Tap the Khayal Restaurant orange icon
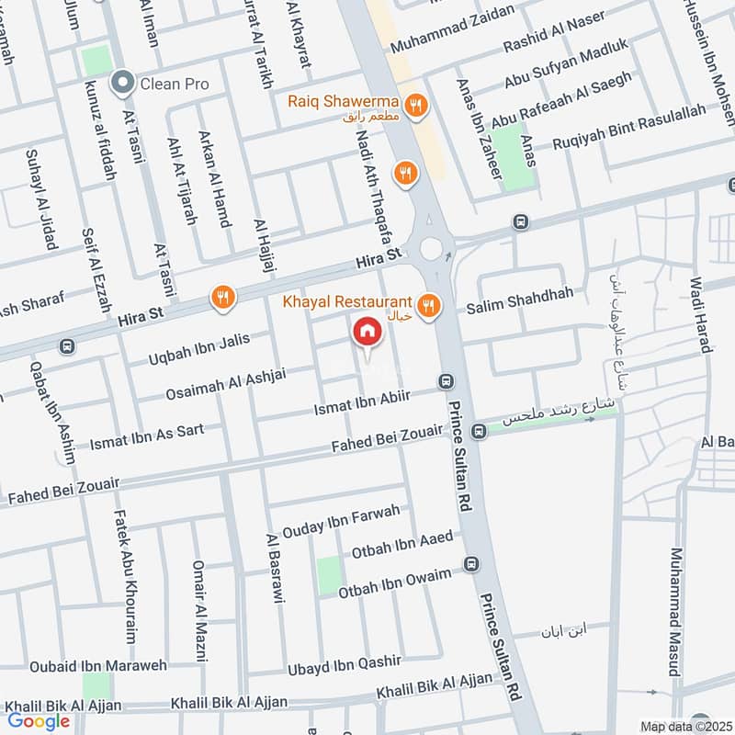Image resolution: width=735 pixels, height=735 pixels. (x=427, y=305)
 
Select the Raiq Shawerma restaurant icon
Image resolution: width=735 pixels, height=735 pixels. (x=417, y=107)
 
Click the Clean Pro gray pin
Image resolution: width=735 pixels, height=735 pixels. (x=120, y=84)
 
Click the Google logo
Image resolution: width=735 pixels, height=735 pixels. (x=39, y=721)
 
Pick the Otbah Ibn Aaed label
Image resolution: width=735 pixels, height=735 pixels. (x=402, y=545)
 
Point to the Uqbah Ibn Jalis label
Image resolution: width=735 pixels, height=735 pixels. (x=198, y=351)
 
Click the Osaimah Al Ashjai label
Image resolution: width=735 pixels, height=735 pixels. (x=226, y=384)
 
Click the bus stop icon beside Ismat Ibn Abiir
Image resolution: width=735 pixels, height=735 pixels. (x=447, y=381)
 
